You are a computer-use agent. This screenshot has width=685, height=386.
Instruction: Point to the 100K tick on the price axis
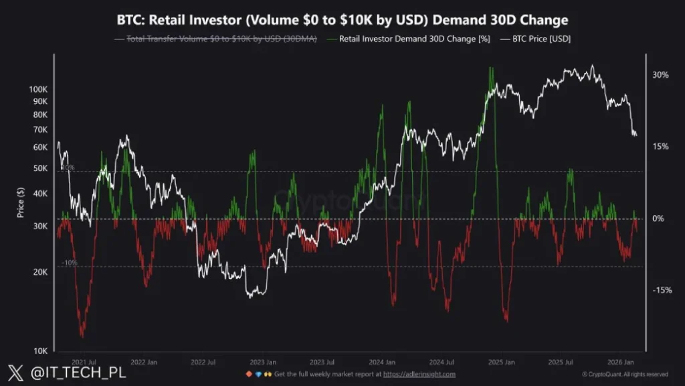coord(37,89)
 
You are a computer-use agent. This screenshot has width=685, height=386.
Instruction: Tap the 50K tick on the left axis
coord(39,169)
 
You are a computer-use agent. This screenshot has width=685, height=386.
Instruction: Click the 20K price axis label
coord(39,272)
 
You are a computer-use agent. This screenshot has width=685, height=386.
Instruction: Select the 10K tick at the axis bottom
coord(39,350)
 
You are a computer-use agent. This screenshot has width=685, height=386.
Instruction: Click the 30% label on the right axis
coord(660,75)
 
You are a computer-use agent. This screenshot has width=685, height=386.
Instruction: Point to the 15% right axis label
coord(660,147)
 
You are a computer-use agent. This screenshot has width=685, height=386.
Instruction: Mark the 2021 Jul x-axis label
coord(84,361)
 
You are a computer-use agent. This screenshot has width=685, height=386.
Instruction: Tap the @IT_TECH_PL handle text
coord(69,373)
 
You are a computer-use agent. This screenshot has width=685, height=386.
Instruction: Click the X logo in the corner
coord(15,373)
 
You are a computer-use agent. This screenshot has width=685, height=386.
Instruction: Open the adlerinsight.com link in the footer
coord(419,374)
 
